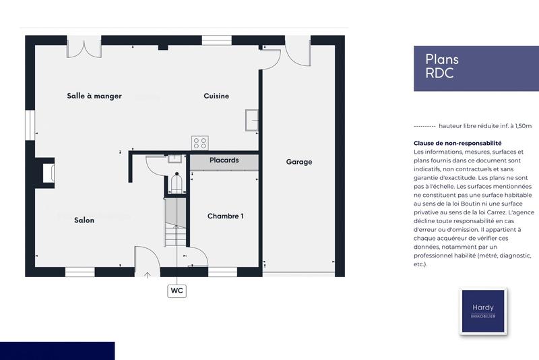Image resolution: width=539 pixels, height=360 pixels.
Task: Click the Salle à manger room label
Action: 94,96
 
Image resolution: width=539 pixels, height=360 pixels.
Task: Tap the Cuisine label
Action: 216,96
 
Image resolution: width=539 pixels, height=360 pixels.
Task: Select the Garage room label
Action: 298,162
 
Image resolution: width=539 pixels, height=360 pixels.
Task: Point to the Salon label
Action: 84,220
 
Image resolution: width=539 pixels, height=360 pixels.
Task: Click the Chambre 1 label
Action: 225,216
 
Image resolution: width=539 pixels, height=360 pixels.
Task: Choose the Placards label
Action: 224,160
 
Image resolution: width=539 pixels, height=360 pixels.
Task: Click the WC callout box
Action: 177,291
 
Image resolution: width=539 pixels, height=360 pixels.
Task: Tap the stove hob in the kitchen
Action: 199,142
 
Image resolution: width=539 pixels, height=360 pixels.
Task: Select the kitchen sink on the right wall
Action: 253,119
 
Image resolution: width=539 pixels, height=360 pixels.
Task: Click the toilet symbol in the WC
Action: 177,183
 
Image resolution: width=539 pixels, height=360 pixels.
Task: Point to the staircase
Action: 175,222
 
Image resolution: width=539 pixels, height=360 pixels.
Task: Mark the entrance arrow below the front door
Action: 148,274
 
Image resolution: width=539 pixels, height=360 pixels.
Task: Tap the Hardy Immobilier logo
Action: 482,311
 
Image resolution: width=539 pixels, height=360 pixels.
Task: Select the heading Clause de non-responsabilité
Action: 457,144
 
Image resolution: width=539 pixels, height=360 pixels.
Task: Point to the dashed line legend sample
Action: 424,126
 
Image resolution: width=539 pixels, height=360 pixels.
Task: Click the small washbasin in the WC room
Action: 175,159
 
